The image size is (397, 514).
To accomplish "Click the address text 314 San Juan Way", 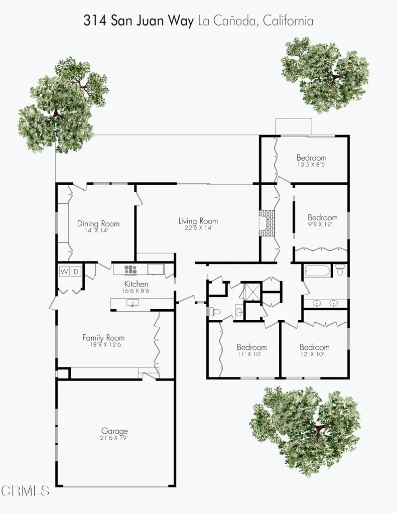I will (x=138, y=21).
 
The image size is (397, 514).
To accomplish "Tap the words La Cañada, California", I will (x=256, y=21).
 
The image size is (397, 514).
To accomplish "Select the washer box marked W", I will (x=64, y=272).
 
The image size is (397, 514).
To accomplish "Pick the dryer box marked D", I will (x=76, y=272).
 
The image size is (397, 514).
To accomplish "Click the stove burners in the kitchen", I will (x=130, y=270).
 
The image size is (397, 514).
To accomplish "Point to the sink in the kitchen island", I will (x=133, y=303).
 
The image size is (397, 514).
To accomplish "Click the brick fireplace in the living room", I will (x=267, y=223).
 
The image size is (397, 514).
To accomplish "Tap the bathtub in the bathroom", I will (x=317, y=272).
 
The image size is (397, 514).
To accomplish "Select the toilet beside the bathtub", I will (x=340, y=272).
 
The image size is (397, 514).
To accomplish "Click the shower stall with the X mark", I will (x=249, y=291).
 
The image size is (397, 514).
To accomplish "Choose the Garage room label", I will (x=114, y=431).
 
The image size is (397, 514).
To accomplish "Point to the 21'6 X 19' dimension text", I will (x=114, y=438).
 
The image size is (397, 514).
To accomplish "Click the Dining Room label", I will (x=98, y=224).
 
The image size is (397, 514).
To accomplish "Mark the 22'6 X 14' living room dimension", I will (x=198, y=228).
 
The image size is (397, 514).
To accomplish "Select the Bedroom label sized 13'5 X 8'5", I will (x=311, y=157).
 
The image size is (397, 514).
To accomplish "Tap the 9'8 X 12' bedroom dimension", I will (x=323, y=225).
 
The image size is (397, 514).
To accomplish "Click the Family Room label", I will (x=103, y=338).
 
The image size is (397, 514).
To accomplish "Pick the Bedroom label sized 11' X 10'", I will (x=251, y=347).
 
